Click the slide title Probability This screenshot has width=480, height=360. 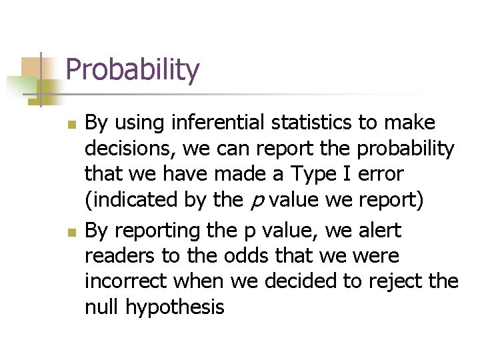click(x=133, y=70)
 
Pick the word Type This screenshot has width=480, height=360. click(x=325, y=174)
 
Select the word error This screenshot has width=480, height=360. click(x=381, y=174)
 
